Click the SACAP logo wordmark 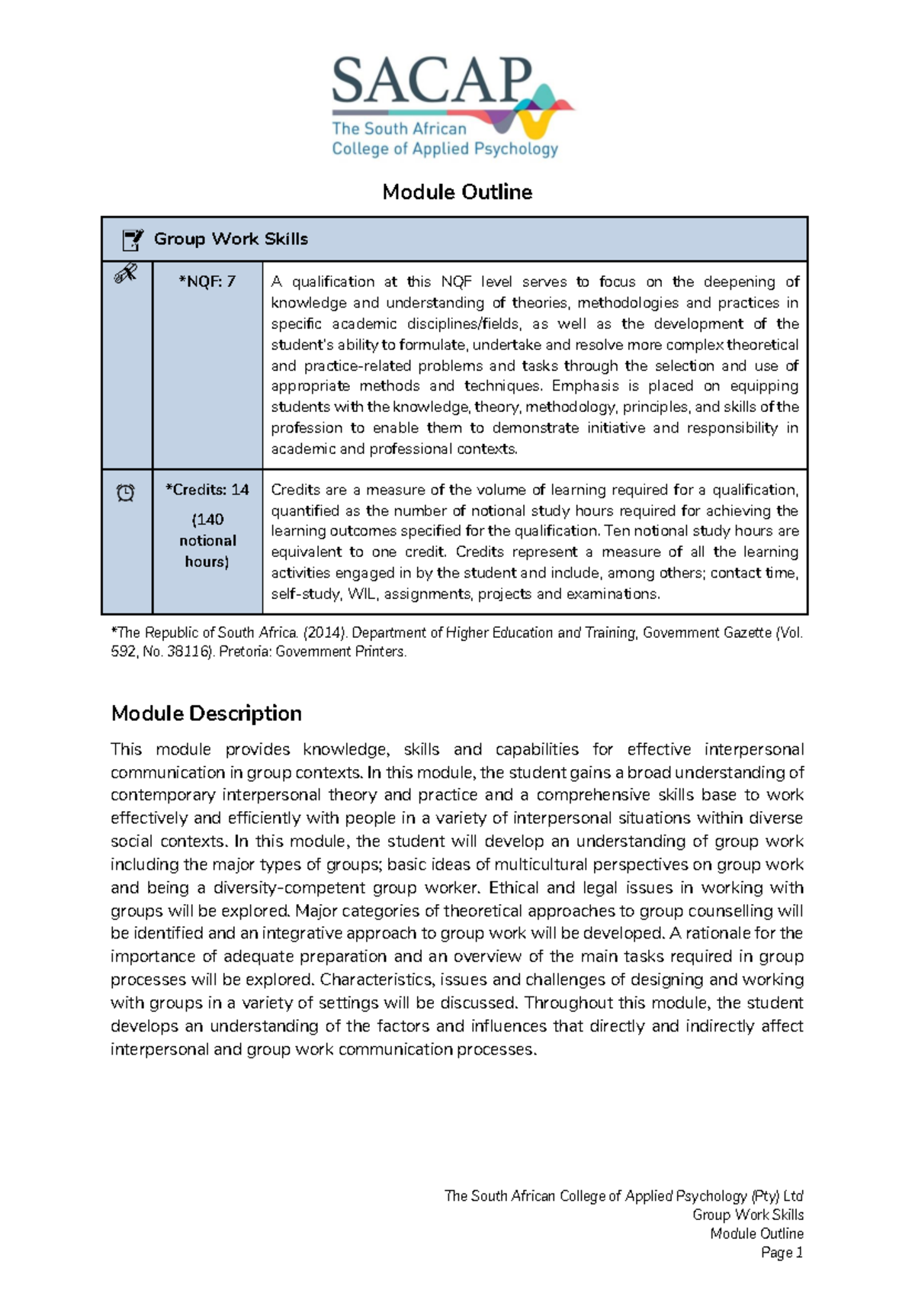432,82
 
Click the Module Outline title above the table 457,192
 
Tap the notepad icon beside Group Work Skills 132,240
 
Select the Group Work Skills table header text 231,239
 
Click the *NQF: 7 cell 207,282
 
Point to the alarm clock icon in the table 126,493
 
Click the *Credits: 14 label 207,490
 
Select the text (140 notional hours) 207,540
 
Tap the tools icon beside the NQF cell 126,273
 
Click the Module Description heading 207,713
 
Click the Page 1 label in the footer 782,1252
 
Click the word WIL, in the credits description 362,594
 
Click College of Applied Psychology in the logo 445,149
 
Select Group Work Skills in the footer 747,1215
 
